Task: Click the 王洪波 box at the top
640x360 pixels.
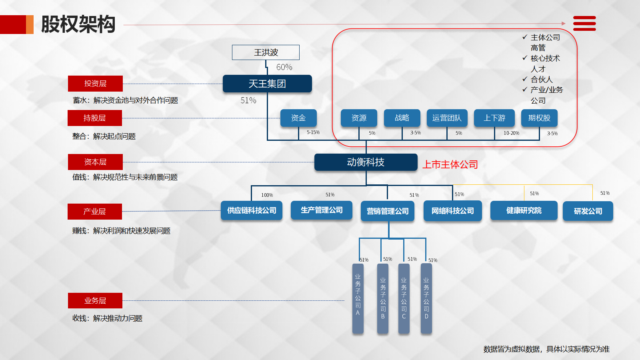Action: tap(266, 52)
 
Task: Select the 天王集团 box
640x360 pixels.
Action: tap(267, 84)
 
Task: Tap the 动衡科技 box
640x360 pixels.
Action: tap(366, 162)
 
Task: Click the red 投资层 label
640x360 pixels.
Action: tap(95, 84)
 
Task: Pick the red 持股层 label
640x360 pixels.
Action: tap(94, 118)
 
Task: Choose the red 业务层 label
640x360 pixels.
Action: tap(95, 301)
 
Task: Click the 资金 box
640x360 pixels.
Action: tap(298, 118)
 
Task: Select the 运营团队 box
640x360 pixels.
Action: tap(447, 118)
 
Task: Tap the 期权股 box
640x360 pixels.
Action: tap(539, 118)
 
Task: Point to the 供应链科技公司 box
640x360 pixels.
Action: tap(252, 210)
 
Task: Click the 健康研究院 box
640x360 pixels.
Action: tap(524, 210)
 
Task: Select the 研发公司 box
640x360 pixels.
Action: tap(588, 211)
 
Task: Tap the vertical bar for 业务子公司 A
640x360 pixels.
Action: tap(358, 298)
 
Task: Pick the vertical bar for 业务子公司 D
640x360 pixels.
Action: tap(426, 298)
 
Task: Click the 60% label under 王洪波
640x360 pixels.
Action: tap(284, 67)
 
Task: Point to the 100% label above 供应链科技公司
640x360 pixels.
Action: tap(267, 195)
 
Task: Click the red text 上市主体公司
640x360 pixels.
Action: tap(450, 164)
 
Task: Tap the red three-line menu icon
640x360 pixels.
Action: tap(584, 24)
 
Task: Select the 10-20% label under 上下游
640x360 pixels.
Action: tap(511, 133)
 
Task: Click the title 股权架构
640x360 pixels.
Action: tap(78, 24)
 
